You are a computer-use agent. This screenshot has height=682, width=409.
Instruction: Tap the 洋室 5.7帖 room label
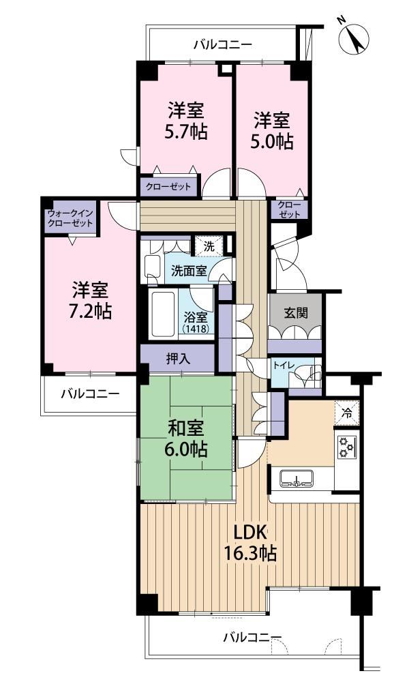(185, 121)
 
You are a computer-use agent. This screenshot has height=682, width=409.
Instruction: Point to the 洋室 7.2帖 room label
(91, 301)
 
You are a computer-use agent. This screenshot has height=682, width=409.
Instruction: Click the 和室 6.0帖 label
(187, 439)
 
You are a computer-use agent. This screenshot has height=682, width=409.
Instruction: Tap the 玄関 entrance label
(296, 313)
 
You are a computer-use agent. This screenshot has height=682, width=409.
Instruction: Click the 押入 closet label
(178, 359)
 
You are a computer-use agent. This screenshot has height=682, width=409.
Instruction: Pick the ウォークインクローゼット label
(70, 218)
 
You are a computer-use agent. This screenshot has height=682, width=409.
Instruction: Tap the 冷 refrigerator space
(347, 413)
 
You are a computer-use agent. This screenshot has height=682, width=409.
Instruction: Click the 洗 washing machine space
(209, 247)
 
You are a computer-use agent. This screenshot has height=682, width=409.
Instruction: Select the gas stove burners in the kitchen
(347, 447)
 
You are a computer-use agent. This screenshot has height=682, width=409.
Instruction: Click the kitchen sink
(296, 478)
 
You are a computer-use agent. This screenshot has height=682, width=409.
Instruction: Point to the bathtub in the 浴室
(164, 314)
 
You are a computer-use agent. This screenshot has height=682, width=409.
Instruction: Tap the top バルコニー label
(223, 44)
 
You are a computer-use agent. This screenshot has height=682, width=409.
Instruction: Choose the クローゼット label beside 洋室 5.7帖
(168, 187)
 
